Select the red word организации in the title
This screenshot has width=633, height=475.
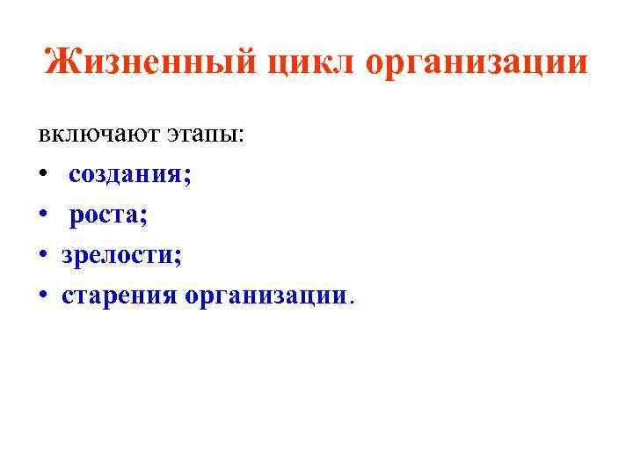click(x=475, y=63)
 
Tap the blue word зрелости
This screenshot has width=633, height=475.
click(x=116, y=256)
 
